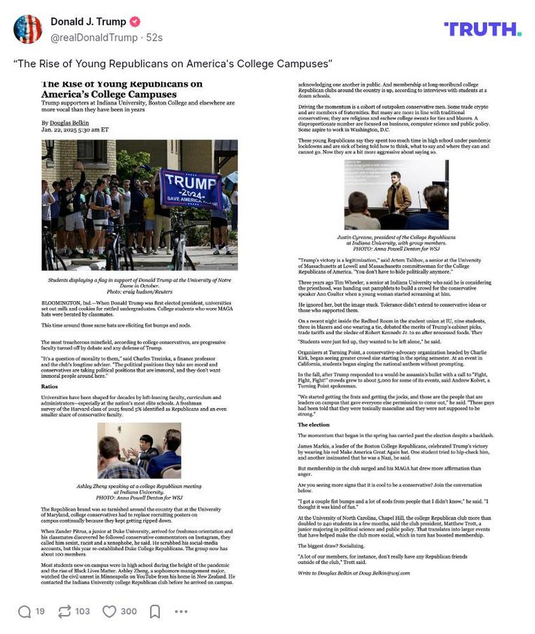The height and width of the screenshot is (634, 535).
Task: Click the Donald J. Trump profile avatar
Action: [27, 29]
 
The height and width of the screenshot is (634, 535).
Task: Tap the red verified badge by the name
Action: [135, 22]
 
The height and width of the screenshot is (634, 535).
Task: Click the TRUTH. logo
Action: [482, 29]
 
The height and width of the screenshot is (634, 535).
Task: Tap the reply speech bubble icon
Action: [24, 612]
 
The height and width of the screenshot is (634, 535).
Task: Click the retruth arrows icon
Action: [64, 612]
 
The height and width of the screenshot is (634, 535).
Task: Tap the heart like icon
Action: [110, 612]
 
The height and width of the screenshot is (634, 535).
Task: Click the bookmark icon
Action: [155, 612]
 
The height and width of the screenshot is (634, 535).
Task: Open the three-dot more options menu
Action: [181, 612]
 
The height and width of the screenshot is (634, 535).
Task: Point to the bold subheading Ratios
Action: [50, 386]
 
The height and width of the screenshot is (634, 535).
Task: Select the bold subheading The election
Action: [314, 425]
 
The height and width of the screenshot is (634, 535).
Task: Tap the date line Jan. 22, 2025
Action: [66, 130]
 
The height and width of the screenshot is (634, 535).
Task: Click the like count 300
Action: [129, 612]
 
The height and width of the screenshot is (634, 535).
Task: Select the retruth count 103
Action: [82, 612]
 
